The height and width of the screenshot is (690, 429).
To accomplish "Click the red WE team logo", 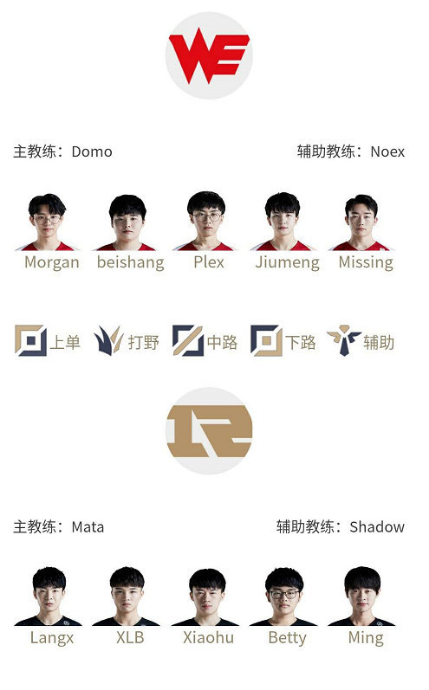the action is coord(209,55).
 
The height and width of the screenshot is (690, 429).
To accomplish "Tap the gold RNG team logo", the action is coord(209,431).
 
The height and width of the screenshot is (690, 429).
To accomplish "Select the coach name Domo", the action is coord(92,152).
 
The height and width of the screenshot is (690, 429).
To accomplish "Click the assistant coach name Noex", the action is coord(387,152).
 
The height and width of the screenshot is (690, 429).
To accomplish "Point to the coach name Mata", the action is coord(88,526).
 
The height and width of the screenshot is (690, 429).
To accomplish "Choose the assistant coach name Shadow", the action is coord(377,526).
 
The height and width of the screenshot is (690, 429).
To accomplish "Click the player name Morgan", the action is coord(52,262).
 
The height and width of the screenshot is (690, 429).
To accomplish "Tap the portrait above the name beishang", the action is coord(127,222).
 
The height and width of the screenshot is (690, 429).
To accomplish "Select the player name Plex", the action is coord(209,262).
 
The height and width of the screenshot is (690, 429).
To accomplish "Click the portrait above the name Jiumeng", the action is coord(283,222).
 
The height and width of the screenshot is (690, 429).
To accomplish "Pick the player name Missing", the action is coord(366,262).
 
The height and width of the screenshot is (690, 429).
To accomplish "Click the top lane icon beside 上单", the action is coord(31,340).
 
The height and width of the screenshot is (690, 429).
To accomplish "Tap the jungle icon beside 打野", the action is coord(108,340).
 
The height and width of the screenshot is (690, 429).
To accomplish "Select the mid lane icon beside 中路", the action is coord(187,340).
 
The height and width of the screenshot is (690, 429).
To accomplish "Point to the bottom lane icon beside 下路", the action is coord(266,340).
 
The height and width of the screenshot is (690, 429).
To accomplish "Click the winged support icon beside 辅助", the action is coord(344,340).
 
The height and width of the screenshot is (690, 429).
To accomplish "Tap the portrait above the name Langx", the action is coord(49,596).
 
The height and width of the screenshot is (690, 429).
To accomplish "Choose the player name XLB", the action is coord(130,638).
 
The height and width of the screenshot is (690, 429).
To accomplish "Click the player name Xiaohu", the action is coord(208,638).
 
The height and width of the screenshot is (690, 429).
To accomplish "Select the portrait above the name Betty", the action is coord(283,596).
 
